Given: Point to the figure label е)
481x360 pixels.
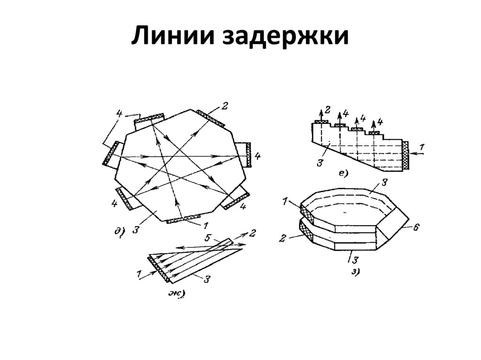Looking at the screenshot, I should click(x=342, y=174).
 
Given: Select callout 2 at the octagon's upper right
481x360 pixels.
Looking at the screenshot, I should click(x=225, y=106).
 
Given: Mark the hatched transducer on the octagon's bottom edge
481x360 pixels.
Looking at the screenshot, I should click(x=183, y=218).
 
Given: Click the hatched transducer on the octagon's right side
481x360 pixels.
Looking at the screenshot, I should click(x=248, y=153).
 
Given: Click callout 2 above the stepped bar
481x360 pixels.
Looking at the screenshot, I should click(x=327, y=111).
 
